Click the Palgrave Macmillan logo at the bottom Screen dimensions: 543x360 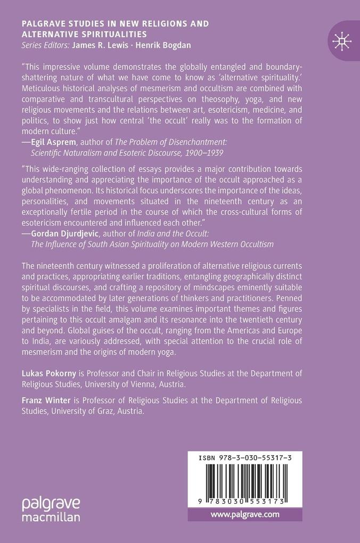[52, 509]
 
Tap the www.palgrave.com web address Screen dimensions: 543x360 [245, 514]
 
